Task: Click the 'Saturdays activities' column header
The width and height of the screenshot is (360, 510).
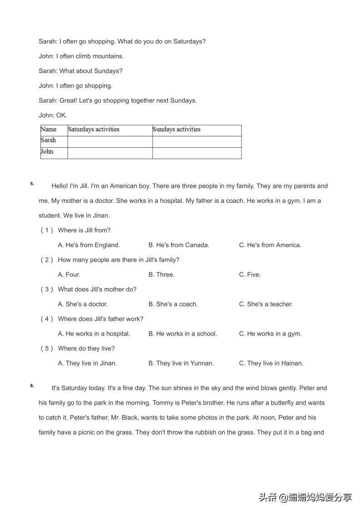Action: click(x=94, y=130)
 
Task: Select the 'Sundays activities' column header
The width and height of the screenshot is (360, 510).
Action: click(x=176, y=130)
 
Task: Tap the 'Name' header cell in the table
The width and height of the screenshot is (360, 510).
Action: click(x=49, y=130)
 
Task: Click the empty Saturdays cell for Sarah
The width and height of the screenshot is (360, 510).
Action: click(x=110, y=141)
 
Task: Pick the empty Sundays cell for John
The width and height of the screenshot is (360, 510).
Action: click(x=196, y=153)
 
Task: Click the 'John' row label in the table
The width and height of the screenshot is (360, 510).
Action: click(x=47, y=152)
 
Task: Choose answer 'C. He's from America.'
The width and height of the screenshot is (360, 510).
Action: click(x=270, y=245)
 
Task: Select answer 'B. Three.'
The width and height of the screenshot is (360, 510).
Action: click(x=161, y=275)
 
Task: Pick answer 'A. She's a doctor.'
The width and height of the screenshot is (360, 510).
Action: click(x=83, y=304)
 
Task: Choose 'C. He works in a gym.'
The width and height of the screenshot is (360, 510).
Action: click(x=270, y=334)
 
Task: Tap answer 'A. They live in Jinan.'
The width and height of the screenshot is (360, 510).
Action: click(x=87, y=363)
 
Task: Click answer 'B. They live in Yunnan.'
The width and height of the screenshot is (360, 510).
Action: click(x=181, y=363)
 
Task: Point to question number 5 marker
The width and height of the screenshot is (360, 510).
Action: click(x=32, y=184)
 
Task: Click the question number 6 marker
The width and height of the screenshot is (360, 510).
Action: click(x=32, y=386)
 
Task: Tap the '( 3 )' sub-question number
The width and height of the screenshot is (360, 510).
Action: click(x=47, y=290)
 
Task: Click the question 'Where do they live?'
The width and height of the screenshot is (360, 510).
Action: click(x=86, y=349)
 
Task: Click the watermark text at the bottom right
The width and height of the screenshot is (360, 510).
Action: click(x=305, y=497)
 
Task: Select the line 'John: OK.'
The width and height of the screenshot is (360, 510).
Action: click(x=53, y=115)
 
